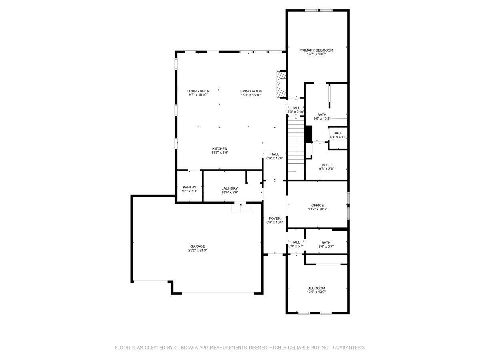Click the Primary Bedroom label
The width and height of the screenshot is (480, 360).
[x=316, y=50]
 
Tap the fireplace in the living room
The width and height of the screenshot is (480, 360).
[x=282, y=84]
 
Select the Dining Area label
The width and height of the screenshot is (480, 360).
[x=198, y=91]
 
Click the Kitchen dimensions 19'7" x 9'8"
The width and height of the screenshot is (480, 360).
[x=220, y=152]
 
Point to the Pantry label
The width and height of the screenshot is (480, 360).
[x=189, y=188]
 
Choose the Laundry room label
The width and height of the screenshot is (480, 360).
[x=230, y=188]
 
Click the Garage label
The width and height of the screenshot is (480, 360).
[x=198, y=246]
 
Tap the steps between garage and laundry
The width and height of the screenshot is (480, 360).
[x=241, y=209]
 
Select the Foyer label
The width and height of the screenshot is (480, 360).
[x=274, y=218]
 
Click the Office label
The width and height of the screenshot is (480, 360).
[x=317, y=206]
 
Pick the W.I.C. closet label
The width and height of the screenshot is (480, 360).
[x=326, y=165]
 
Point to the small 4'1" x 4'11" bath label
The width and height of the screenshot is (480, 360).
[x=338, y=133]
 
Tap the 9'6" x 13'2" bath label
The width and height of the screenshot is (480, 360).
[x=322, y=115]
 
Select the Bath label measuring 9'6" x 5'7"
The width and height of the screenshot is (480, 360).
[x=326, y=242]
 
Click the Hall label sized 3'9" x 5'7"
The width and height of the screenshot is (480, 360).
[x=296, y=242]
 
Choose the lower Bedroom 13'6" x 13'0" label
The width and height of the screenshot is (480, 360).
[x=316, y=288]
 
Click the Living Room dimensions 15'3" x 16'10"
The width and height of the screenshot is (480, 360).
[x=251, y=95]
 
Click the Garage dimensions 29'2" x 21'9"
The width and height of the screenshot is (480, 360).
[x=198, y=250]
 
